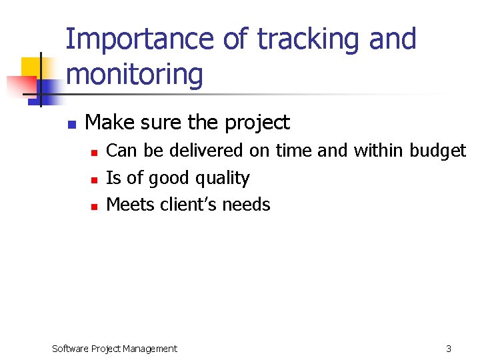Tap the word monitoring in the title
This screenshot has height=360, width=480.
135,74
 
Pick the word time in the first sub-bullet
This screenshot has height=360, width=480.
293,151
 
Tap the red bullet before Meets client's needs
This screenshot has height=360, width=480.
94,207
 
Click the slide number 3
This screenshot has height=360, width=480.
449,348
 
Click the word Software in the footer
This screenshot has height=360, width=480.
69,348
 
